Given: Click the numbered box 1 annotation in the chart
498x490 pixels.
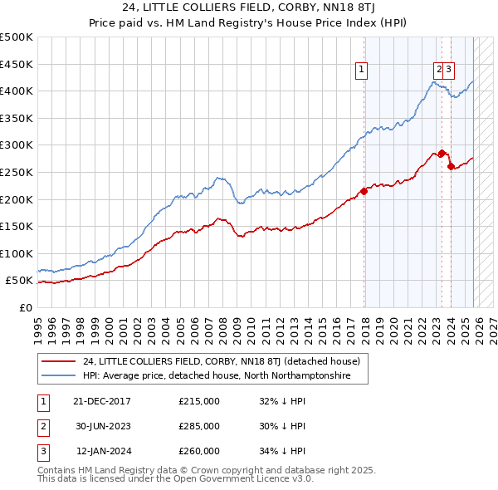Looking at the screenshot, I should pyautogui.click(x=363, y=71).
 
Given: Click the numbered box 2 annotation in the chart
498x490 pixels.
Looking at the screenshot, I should pyautogui.click(x=437, y=71).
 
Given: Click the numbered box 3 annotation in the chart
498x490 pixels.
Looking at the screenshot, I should pyautogui.click(x=448, y=71).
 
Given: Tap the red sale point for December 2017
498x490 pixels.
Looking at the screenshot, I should pyautogui.click(x=364, y=191).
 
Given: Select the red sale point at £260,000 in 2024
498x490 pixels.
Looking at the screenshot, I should pyautogui.click(x=451, y=166).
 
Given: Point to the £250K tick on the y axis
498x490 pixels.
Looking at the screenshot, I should pyautogui.click(x=17, y=172).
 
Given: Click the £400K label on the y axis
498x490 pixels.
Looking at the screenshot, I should pyautogui.click(x=17, y=91).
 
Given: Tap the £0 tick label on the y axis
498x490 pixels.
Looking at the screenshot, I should pyautogui.click(x=25, y=307).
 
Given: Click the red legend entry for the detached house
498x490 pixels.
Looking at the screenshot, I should pyautogui.click(x=221, y=361).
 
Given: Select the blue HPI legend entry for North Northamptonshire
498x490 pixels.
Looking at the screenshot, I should pyautogui.click(x=216, y=376).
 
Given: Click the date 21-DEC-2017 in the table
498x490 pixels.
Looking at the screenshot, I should pyautogui.click(x=101, y=401).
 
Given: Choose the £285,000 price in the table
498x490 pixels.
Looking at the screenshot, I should pyautogui.click(x=199, y=426).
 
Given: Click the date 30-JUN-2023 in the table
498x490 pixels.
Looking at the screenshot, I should pyautogui.click(x=101, y=426).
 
